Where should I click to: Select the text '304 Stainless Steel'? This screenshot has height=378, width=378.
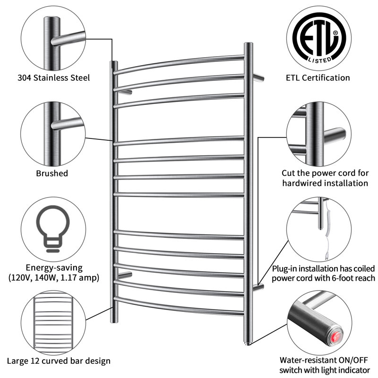coord(53,78)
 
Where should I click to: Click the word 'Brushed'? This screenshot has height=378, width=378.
coord(52,173)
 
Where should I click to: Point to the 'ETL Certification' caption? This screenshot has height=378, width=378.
coord(325,78)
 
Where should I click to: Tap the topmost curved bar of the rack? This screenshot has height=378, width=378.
coord(180,63)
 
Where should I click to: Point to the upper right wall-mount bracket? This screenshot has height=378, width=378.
coord(258,77)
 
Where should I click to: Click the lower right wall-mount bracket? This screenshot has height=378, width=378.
coord(258,286)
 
